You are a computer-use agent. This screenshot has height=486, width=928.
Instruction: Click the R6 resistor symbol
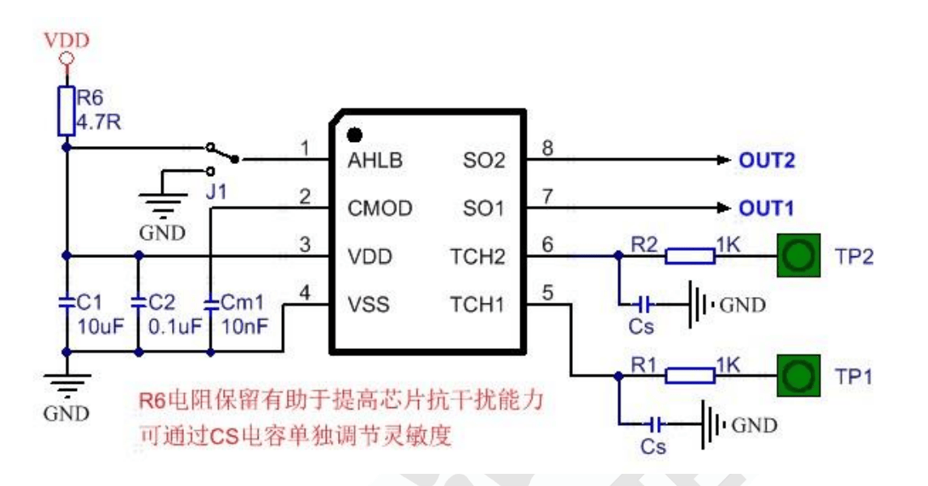coord(66,111)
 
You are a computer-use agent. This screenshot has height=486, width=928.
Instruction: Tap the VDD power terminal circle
coord(67,58)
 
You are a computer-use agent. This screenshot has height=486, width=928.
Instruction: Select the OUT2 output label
coord(767,160)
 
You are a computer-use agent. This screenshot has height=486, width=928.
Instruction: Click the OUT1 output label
coord(766,208)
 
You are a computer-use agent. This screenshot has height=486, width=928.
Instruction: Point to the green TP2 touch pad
coord(798,256)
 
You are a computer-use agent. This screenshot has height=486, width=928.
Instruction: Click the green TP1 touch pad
coord(798,376)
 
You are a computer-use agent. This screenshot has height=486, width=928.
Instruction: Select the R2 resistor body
coord(690,256)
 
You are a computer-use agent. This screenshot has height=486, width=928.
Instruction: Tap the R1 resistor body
coord(690,376)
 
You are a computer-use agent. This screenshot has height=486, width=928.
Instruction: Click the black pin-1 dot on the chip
coord(354,135)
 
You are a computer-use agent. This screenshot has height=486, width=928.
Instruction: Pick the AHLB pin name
coord(375,160)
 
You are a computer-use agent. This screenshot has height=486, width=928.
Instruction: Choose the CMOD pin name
coord(380,208)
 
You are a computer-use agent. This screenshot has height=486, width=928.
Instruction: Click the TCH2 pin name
coord(477,256)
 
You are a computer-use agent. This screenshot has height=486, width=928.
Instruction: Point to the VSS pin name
coord(369,304)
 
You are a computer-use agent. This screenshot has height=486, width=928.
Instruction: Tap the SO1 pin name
coord(484,208)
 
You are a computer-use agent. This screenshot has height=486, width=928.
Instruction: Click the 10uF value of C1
coord(101,326)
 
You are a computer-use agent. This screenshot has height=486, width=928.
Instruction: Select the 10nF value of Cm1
coord(245,326)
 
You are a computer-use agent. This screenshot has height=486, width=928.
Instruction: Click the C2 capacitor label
coord(161,303)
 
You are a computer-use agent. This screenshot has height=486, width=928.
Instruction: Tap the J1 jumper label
coord(216,191)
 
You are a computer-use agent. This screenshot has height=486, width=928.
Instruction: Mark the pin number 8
coord(547,148)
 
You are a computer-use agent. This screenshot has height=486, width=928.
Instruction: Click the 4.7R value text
coord(99,122)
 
